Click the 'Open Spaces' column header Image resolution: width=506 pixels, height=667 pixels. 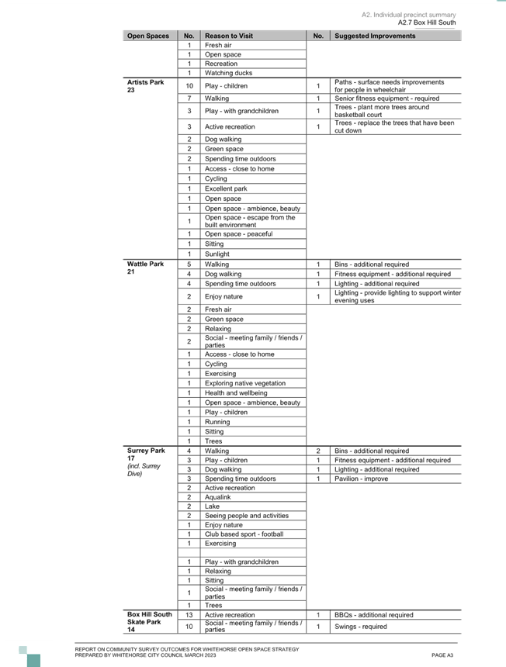pyautogui.click(x=148, y=36)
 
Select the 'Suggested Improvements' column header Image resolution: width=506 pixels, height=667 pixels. pyautogui.click(x=375, y=36)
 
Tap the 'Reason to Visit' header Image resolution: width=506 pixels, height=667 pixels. pyautogui.click(x=229, y=36)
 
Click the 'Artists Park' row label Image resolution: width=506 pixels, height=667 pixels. pyautogui.click(x=146, y=82)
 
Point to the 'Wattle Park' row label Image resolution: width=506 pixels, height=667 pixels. pyautogui.click(x=146, y=264)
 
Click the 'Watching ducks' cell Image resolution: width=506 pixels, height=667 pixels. pyautogui.click(x=228, y=73)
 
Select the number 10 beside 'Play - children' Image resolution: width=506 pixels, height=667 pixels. pyautogui.click(x=189, y=86)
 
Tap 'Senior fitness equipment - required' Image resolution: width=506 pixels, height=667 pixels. pyautogui.click(x=386, y=98)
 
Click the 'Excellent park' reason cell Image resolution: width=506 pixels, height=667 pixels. pyautogui.click(x=226, y=188)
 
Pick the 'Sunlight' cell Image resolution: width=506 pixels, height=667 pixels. pyautogui.click(x=217, y=254)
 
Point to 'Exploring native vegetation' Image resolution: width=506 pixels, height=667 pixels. pyautogui.click(x=245, y=383)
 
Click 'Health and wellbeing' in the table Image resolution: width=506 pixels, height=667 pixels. pyautogui.click(x=236, y=393)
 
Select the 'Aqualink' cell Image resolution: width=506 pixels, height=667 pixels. pyautogui.click(x=218, y=497)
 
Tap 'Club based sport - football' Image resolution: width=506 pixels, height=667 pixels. pyautogui.click(x=244, y=534)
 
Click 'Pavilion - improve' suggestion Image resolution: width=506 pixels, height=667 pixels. pyautogui.click(x=362, y=479)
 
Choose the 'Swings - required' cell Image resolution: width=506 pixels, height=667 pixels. pyautogui.click(x=361, y=627)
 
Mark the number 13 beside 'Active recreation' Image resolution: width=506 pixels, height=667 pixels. pyautogui.click(x=189, y=615)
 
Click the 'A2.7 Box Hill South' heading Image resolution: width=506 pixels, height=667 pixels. pyautogui.click(x=427, y=22)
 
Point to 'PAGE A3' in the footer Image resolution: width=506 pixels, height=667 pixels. pyautogui.click(x=442, y=655)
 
